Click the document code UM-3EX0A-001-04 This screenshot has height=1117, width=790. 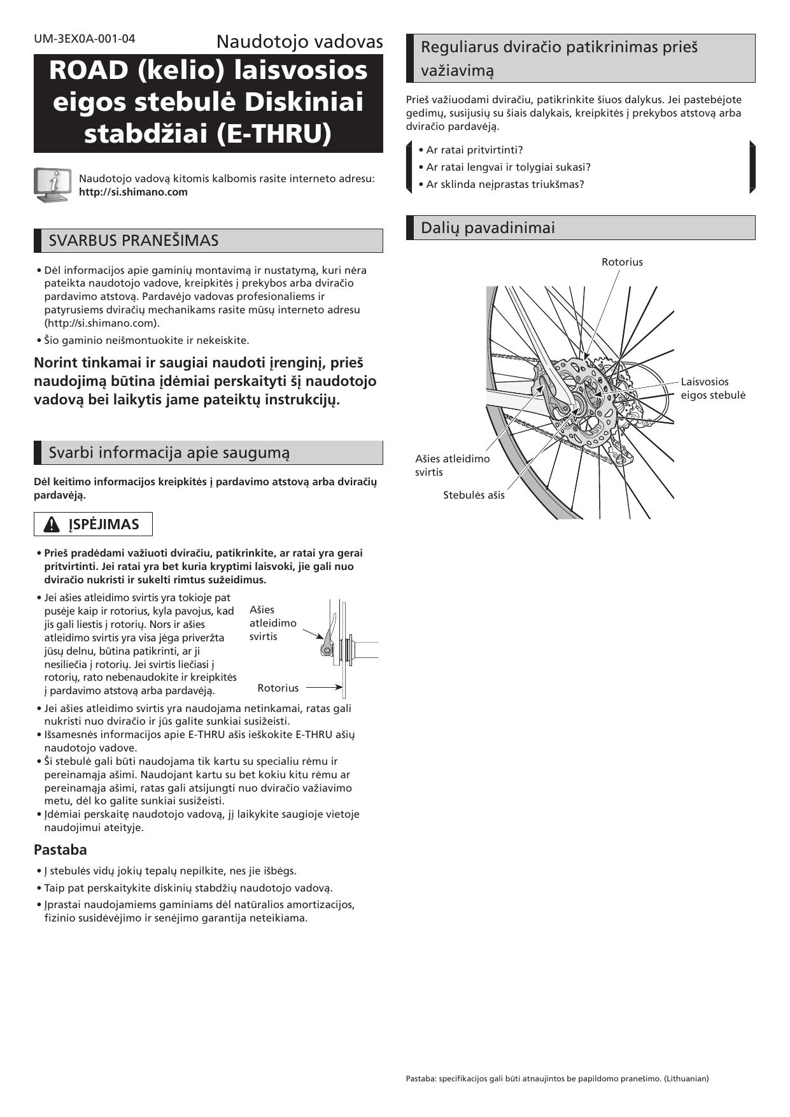click(85, 39)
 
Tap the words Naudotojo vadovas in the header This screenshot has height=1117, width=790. click(299, 42)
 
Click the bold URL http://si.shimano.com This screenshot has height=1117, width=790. click(133, 192)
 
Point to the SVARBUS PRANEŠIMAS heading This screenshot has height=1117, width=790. click(134, 241)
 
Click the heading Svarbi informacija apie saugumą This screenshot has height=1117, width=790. click(169, 453)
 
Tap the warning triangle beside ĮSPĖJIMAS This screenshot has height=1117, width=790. click(52, 525)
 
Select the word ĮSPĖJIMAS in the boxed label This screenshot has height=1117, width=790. click(104, 525)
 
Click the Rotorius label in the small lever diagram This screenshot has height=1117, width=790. click(278, 688)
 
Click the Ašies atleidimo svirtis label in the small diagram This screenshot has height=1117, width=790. click(272, 623)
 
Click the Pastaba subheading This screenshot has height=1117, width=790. click(60, 850)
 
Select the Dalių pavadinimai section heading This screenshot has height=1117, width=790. click(488, 228)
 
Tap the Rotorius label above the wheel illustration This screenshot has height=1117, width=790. click(622, 262)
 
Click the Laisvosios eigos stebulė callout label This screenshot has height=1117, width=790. click(712, 388)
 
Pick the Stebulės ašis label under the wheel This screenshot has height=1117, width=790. click(474, 495)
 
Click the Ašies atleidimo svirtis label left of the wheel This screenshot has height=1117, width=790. click(452, 466)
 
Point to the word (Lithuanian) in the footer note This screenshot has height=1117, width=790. click(686, 1078)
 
